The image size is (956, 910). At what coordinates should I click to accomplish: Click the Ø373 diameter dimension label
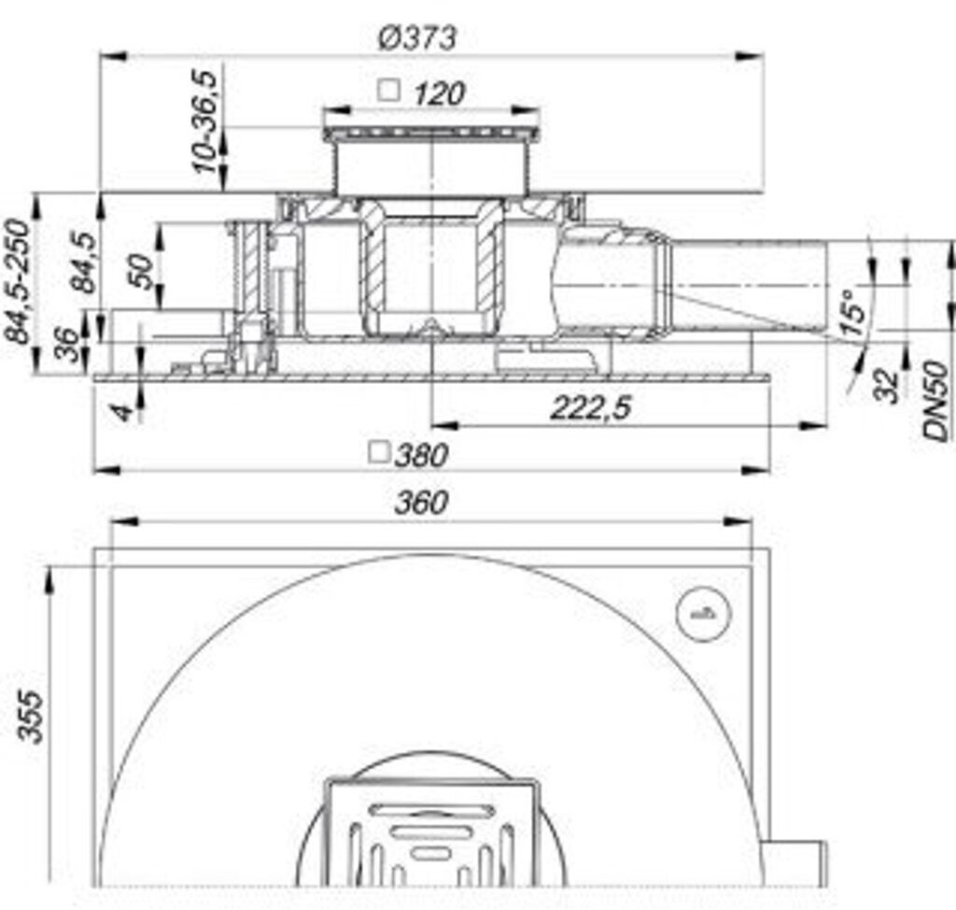coord(417,38)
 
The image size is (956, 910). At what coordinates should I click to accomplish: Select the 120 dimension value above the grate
coord(439,94)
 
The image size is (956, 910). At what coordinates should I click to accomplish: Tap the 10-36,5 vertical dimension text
coord(204,121)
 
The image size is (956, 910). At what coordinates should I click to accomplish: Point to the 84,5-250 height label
coord(16,281)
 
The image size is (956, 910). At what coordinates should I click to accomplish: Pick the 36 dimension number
coord(67,345)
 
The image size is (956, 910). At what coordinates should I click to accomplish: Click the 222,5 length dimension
coord(590,407)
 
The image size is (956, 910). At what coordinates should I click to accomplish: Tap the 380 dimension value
coord(421,455)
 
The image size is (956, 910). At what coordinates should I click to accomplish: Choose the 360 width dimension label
coord(421,503)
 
